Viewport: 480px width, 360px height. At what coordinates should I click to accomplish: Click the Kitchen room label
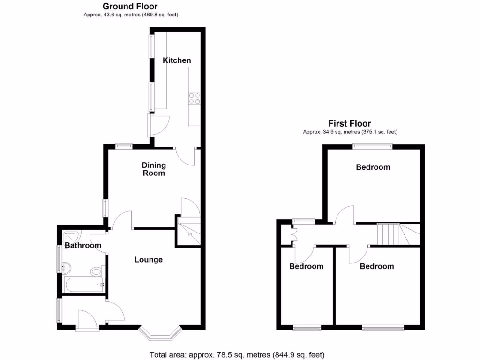(x=177, y=60)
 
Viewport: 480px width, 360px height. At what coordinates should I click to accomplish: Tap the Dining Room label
(x=154, y=169)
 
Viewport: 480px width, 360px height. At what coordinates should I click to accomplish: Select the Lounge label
(x=148, y=260)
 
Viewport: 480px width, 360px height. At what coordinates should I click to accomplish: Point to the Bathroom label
(x=82, y=246)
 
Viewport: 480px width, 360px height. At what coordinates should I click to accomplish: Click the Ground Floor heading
(x=130, y=7)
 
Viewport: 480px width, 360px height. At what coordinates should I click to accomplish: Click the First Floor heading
(x=350, y=124)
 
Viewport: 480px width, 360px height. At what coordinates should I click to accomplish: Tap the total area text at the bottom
(x=237, y=354)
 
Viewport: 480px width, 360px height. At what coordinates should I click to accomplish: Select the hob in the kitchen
(x=194, y=98)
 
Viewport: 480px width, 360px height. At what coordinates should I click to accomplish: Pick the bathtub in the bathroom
(x=83, y=285)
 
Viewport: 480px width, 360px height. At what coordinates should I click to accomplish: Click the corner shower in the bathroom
(x=71, y=237)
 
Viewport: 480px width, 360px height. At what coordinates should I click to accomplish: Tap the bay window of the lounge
(x=160, y=332)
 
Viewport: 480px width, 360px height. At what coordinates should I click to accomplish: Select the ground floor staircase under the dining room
(x=188, y=230)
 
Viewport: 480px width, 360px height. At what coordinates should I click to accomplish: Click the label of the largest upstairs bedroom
(x=373, y=167)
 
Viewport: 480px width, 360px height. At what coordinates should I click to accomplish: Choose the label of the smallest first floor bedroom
(x=306, y=267)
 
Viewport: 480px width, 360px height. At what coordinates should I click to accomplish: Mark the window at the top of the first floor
(x=373, y=146)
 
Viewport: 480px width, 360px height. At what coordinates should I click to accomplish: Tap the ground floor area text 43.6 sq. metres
(x=131, y=15)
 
